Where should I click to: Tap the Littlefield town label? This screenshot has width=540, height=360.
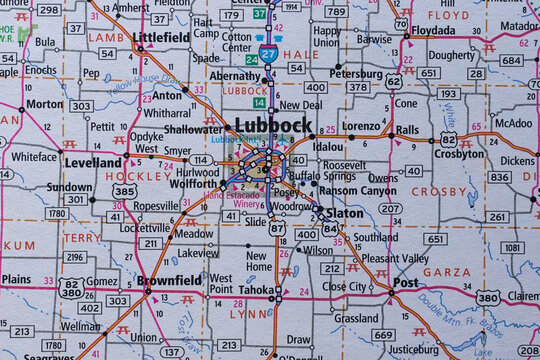point(160,37)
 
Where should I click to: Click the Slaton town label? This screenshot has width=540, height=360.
point(345,214)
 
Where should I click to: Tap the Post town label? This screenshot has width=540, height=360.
point(405,283)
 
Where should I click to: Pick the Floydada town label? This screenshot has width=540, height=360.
point(431,31)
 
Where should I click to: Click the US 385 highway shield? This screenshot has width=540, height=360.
point(125,190)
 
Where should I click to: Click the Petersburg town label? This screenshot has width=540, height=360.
point(356,73)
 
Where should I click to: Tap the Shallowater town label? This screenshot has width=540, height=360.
point(192,128)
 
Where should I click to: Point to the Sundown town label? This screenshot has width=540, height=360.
point(69,187)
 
